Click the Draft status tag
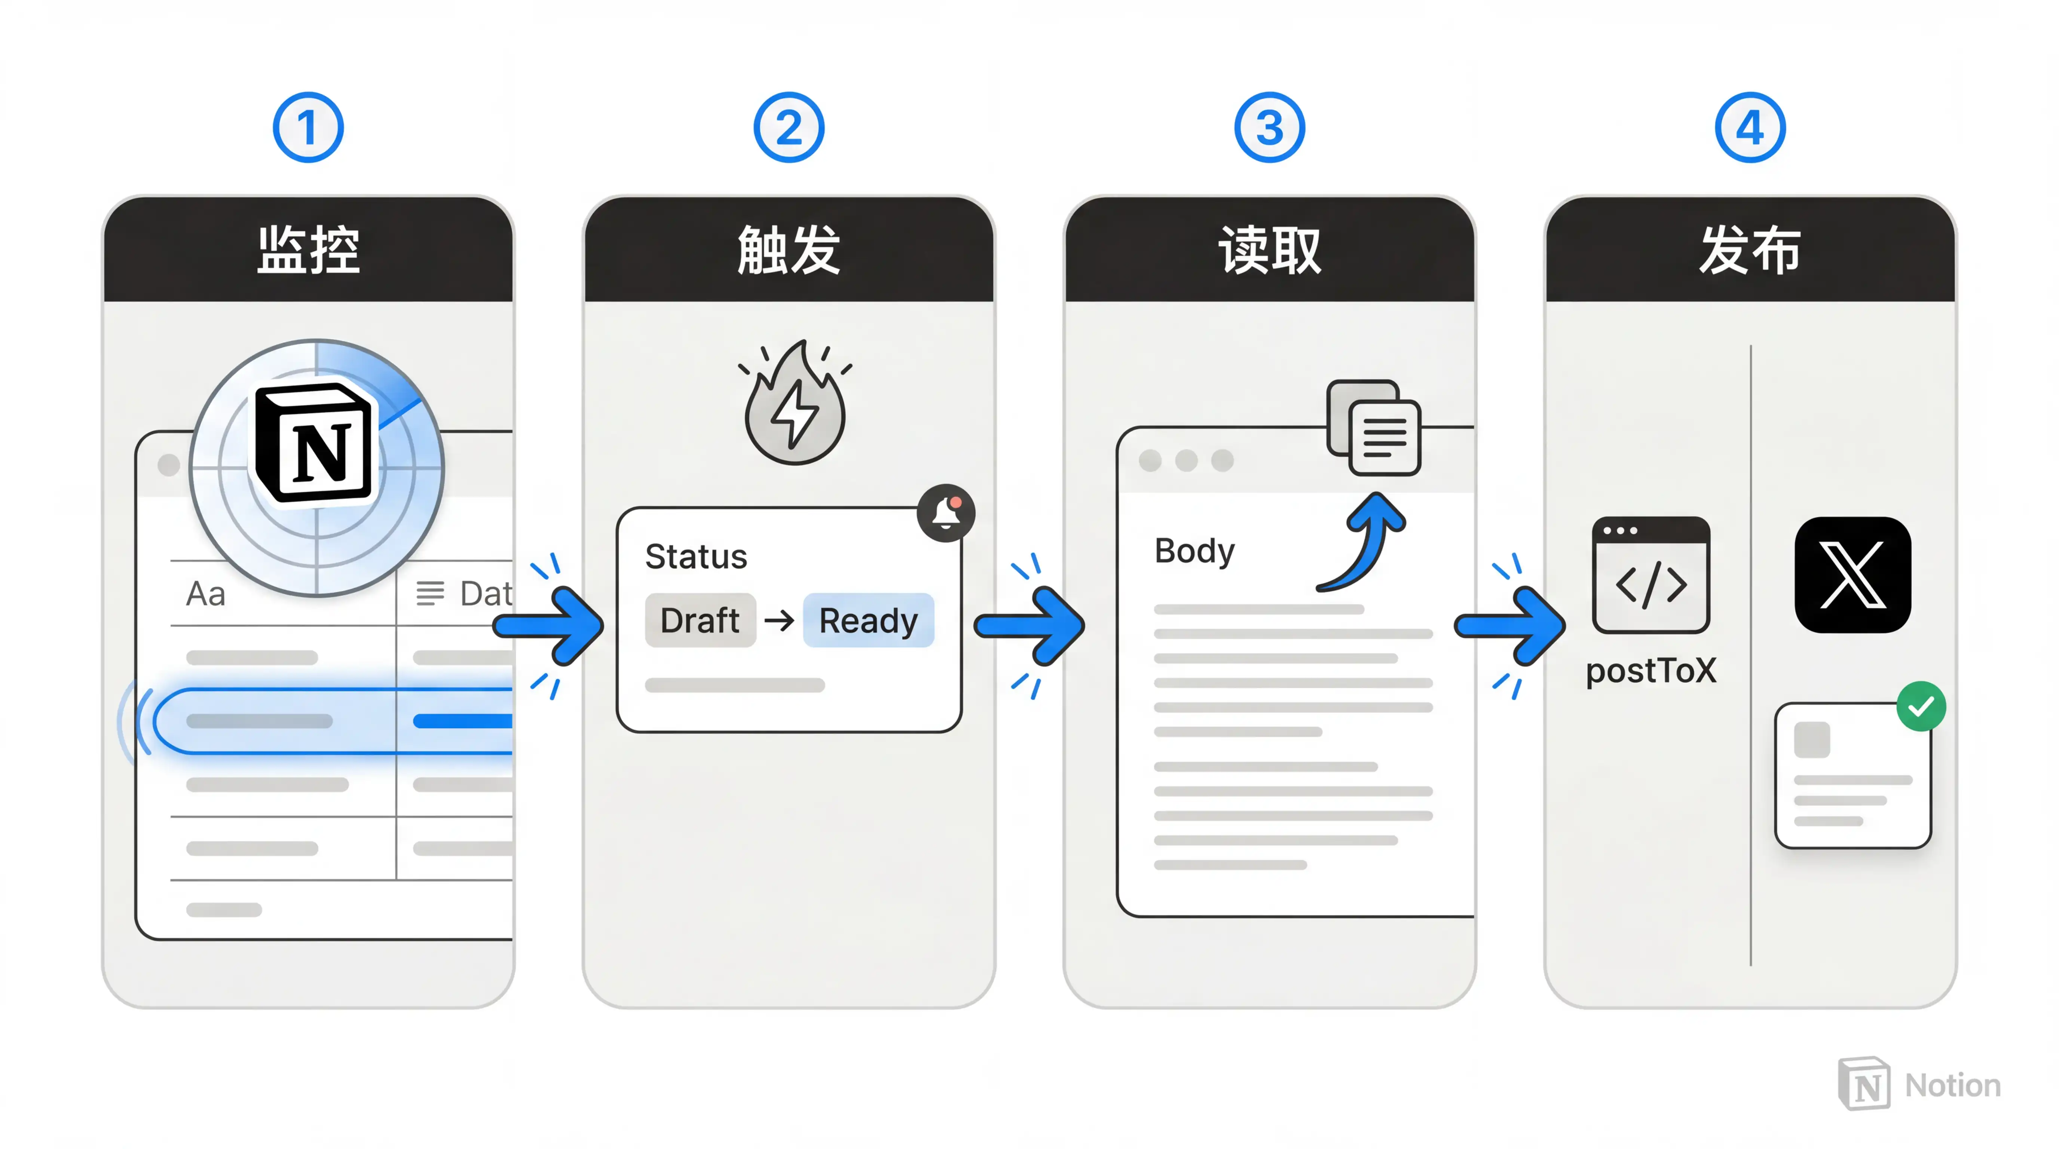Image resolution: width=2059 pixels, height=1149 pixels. pos(700,620)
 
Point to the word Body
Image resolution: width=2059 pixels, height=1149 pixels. pos(1194,551)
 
